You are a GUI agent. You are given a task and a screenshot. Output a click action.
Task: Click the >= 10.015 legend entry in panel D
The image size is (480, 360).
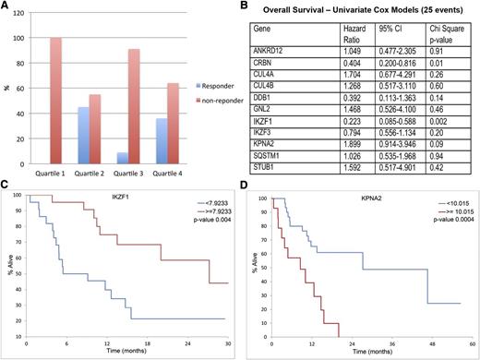(x=441, y=236)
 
